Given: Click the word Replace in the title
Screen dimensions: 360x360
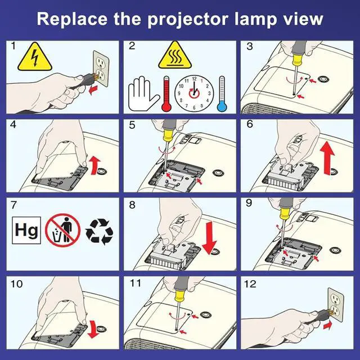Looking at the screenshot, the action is pos(72,19).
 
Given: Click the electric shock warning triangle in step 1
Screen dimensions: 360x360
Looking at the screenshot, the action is pos(35,57).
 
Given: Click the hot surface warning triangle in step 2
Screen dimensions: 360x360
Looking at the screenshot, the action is pos(175,56).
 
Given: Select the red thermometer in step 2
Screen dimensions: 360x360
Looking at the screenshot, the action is pos(166,94).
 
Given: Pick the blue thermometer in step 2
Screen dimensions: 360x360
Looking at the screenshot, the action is pos(222,94).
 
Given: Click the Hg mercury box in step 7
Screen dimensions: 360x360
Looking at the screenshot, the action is pos(26,230).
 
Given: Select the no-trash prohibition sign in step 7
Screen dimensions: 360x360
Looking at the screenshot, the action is pos(62,230).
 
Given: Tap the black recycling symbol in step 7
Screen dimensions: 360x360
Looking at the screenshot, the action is pos(99,231).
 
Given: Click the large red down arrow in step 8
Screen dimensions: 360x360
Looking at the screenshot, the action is pos(209,238).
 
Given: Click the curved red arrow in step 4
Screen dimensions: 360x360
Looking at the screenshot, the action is pos(94,165).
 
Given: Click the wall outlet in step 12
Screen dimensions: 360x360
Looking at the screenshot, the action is pos(336,305).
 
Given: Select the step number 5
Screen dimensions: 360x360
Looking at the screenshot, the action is pos(132,125).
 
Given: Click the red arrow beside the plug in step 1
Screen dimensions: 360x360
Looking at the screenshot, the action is pos(93,90).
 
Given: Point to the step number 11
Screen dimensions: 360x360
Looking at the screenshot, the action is pos(136,283).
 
